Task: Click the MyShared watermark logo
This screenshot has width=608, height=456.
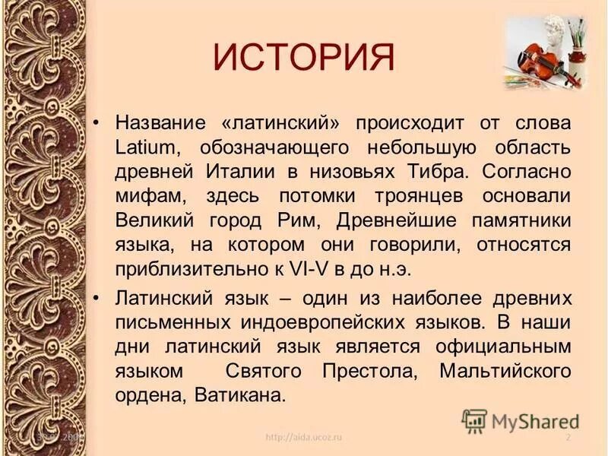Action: (x=521, y=420)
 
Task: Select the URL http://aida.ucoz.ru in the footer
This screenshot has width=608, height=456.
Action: (x=304, y=439)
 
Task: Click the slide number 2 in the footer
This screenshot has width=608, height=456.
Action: (x=568, y=439)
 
